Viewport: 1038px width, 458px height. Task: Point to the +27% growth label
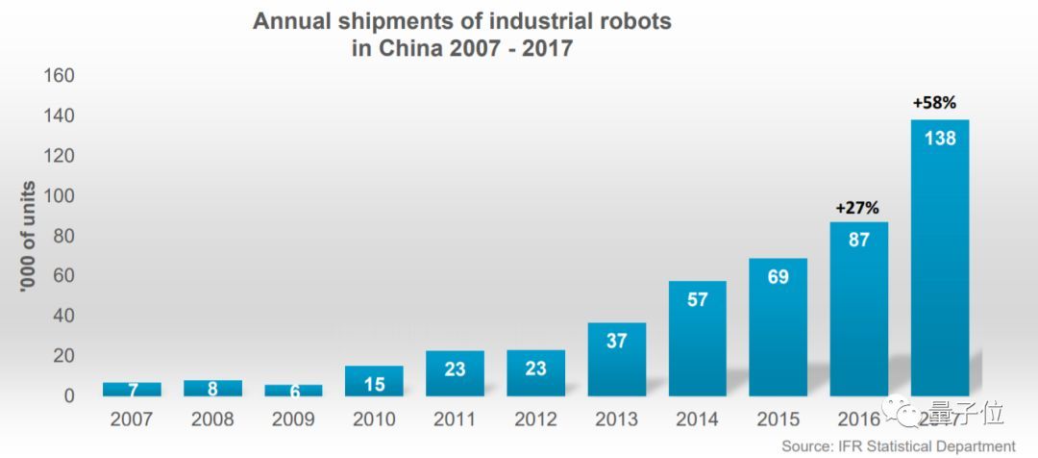858,207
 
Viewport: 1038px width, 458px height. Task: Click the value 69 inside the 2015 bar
778,277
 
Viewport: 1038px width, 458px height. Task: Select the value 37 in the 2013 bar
617,341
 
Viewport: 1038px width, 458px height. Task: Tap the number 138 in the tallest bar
940,139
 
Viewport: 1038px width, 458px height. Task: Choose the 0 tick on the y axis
69,395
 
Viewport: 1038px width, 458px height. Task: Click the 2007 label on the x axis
132,420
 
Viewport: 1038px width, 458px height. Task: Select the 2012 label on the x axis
536,420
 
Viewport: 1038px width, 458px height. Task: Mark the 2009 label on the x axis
294,420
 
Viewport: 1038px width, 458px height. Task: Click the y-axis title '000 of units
29,236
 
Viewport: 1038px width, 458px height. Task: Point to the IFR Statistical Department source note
898,445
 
